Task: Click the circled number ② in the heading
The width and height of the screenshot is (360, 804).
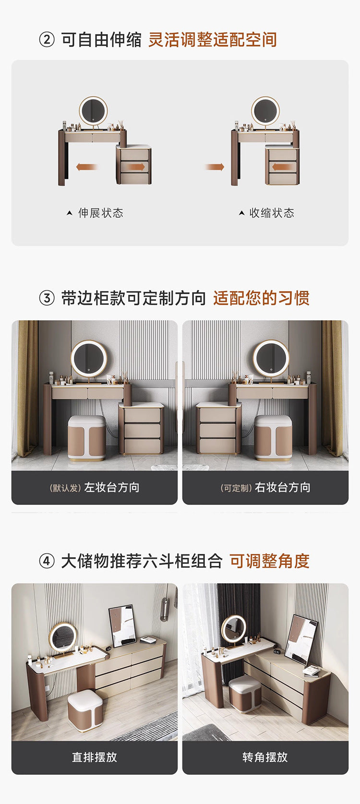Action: click(x=47, y=40)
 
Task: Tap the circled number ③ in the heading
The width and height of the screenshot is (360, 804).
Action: click(x=47, y=298)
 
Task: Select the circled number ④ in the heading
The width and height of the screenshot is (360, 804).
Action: click(x=47, y=561)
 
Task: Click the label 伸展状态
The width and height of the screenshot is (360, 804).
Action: click(x=100, y=213)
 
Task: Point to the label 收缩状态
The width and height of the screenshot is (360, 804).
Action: click(x=272, y=213)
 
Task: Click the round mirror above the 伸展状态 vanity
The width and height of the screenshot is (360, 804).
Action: click(x=93, y=111)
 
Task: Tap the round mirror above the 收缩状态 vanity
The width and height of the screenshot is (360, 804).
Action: click(x=265, y=111)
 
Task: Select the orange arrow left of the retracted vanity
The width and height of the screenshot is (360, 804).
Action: click(x=215, y=167)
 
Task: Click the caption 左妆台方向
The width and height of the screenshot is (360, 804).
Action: click(x=112, y=488)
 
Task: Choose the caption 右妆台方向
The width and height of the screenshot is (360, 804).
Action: click(x=282, y=488)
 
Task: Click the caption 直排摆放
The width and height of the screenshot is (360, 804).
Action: click(x=95, y=757)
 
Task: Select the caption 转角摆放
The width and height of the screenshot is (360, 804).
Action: click(x=265, y=757)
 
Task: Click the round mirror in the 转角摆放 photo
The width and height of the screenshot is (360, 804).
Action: click(x=234, y=628)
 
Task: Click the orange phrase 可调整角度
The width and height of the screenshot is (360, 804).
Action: click(x=269, y=561)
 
